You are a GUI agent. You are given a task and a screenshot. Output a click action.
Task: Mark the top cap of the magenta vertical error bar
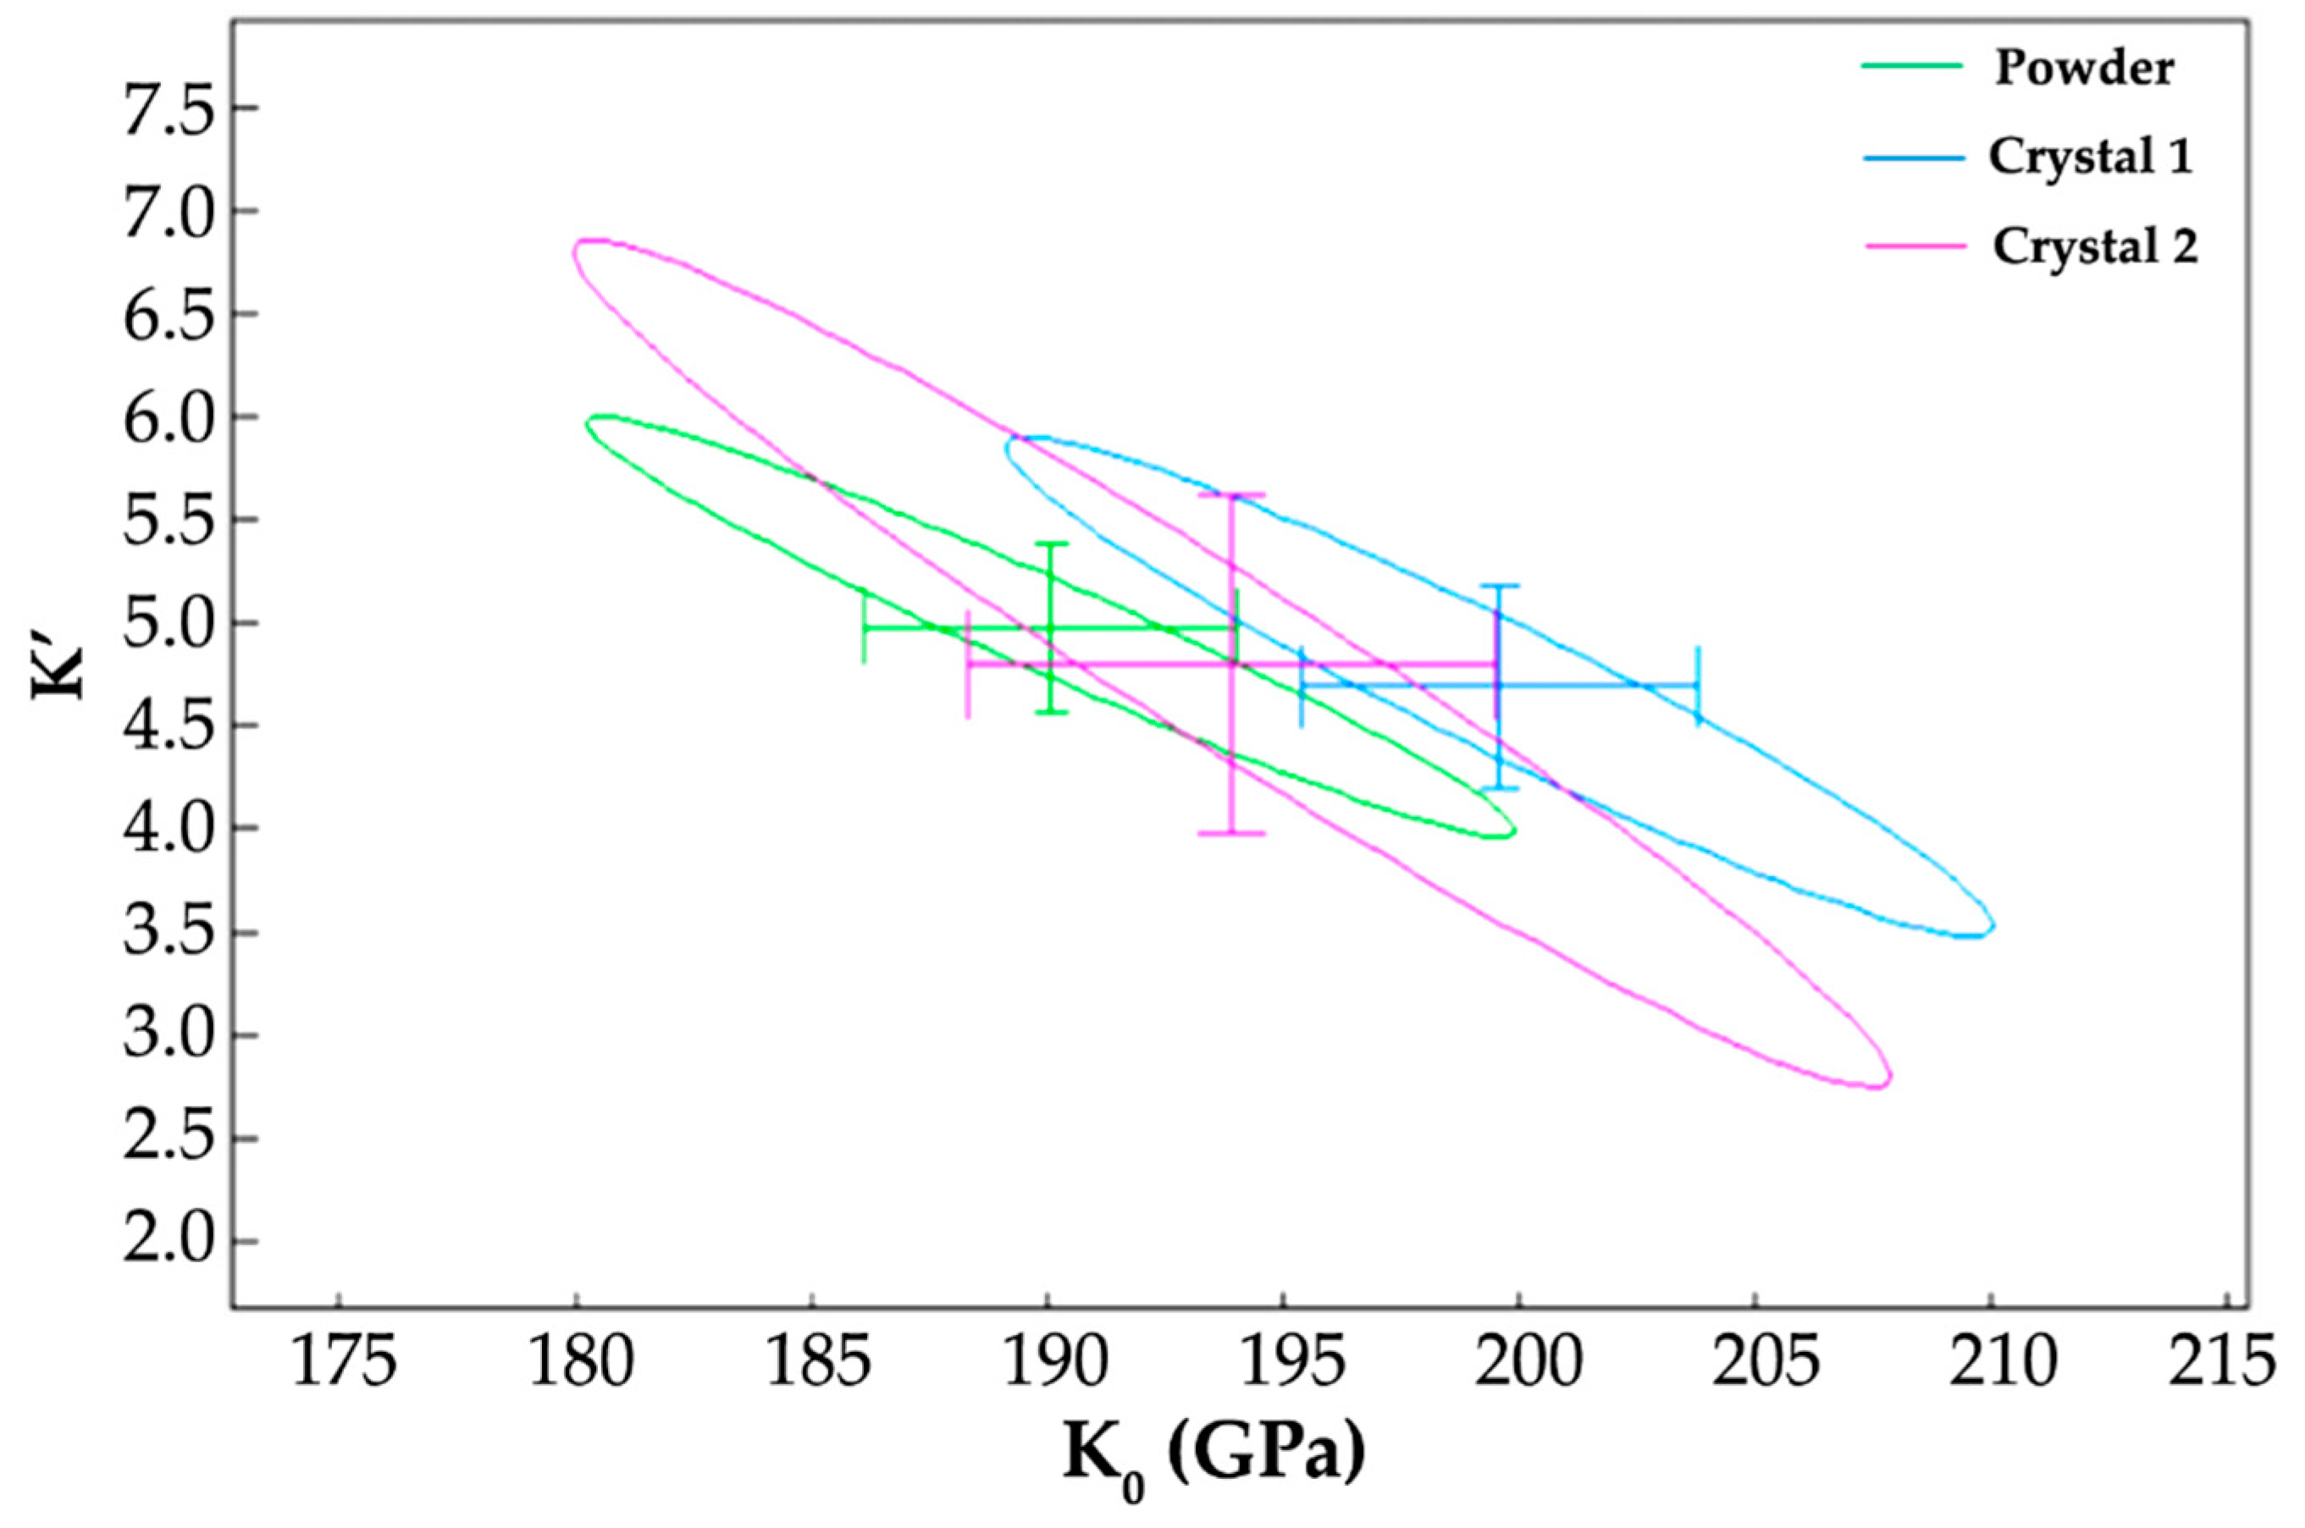pos(1231,495)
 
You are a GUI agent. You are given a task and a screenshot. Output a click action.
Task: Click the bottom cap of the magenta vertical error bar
pos(1231,833)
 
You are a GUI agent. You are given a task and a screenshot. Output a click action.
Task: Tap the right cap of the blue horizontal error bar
pos(1698,685)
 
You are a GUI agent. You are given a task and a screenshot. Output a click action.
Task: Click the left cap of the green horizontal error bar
pos(865,627)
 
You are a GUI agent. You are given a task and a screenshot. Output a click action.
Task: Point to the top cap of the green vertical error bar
pos(1050,543)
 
